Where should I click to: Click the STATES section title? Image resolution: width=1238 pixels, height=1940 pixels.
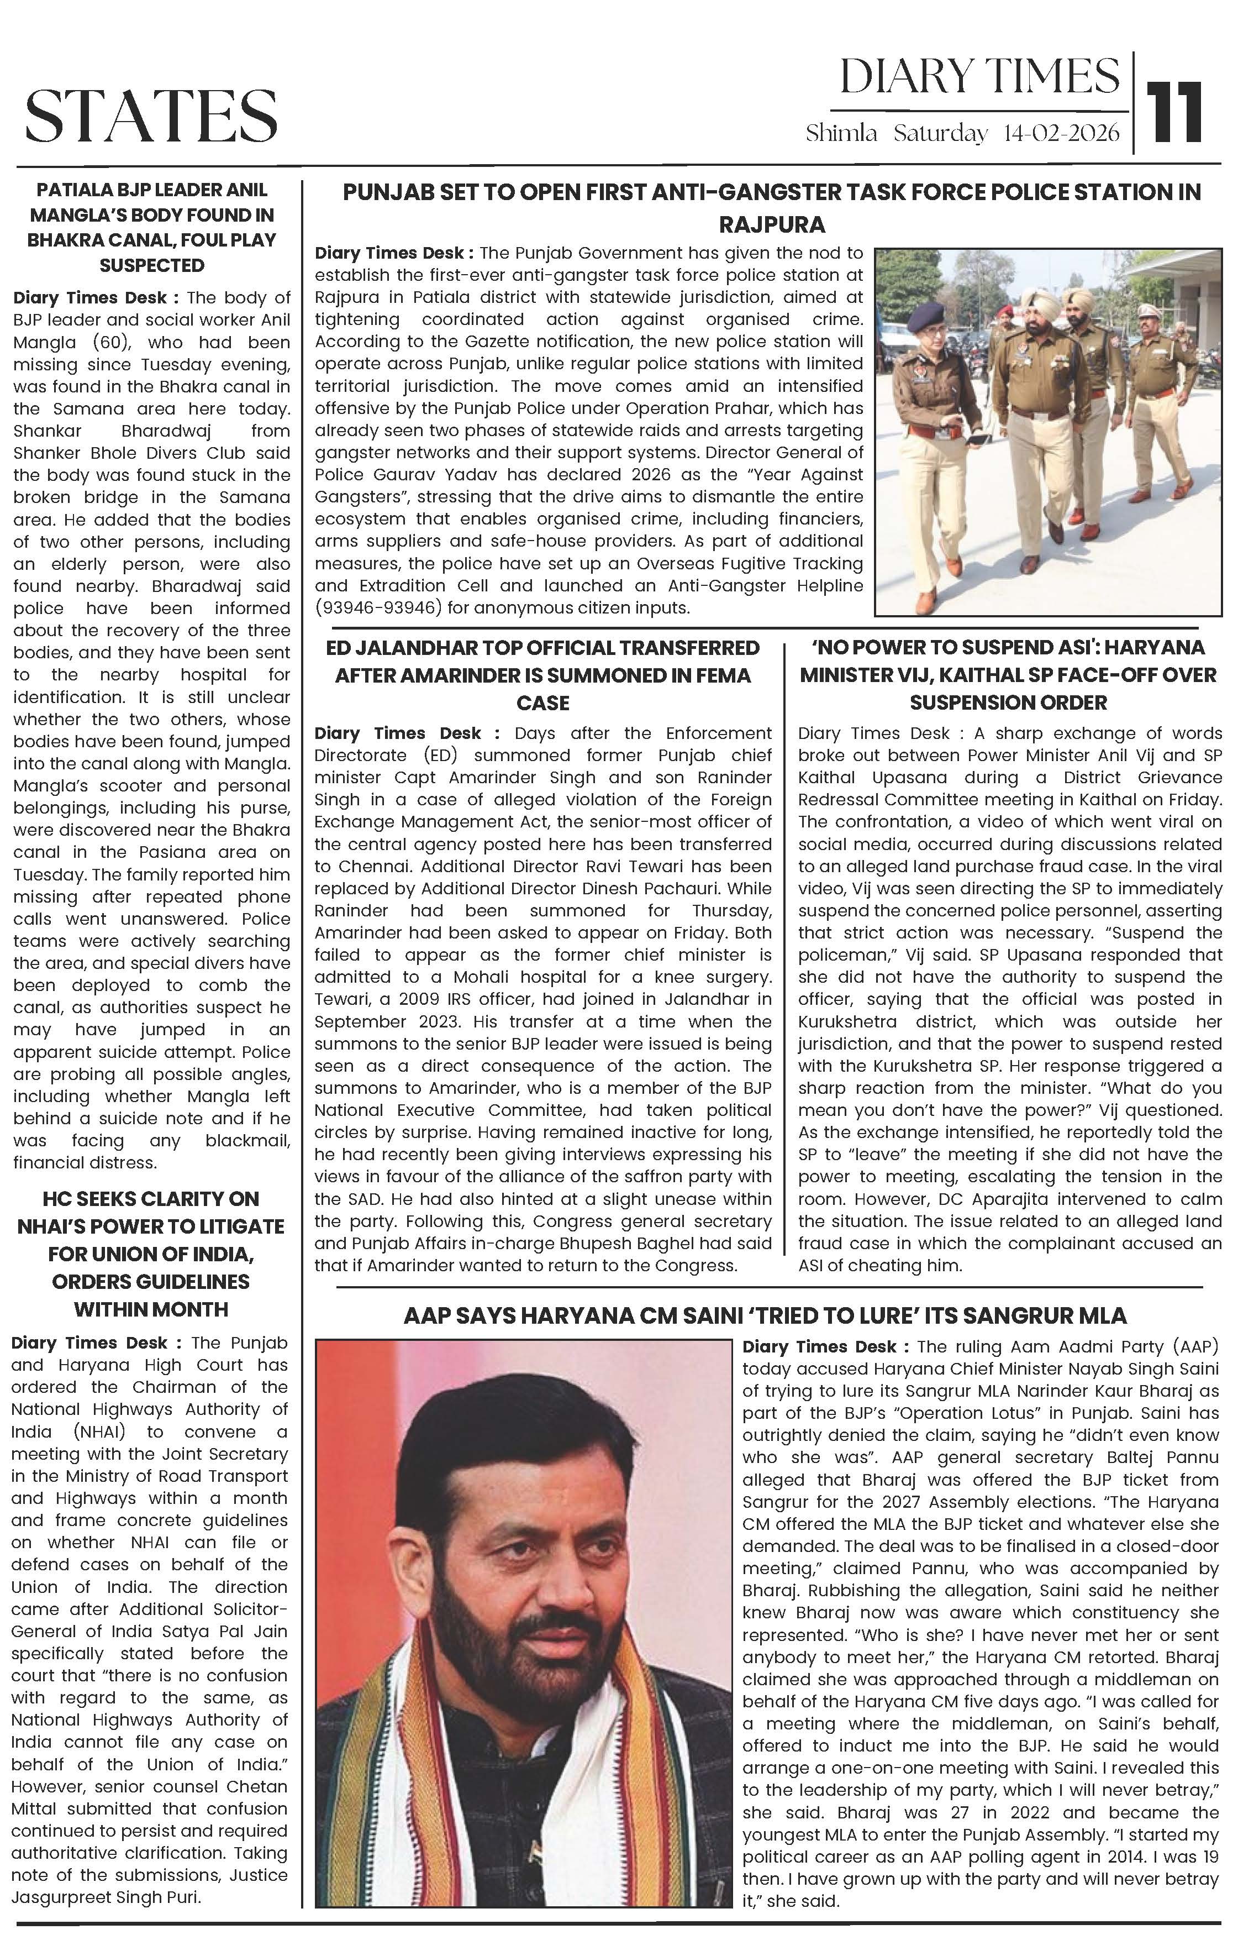click(151, 115)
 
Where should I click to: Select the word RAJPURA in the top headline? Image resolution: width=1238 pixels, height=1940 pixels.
click(772, 223)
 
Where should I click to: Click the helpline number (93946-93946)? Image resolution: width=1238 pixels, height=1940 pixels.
click(378, 607)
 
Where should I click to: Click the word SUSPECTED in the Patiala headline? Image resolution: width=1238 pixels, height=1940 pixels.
click(151, 265)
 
